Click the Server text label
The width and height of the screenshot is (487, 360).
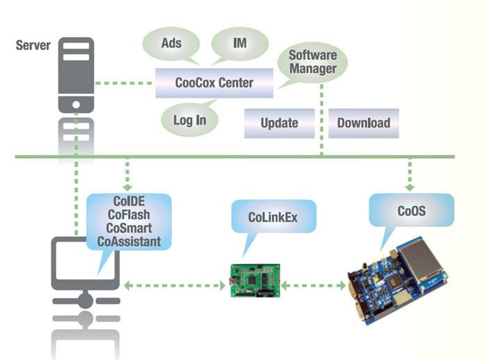coord(33,46)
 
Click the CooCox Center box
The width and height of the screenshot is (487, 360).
coord(214,83)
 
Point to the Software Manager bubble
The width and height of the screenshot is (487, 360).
coord(313,62)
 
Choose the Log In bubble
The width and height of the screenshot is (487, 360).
coord(190,120)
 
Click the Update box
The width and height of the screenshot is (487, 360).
coord(279,123)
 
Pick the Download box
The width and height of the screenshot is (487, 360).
coord(363,123)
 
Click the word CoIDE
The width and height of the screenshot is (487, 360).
coord(129,202)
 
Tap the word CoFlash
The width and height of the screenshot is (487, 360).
coord(129,215)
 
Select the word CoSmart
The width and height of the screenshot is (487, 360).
coord(129,228)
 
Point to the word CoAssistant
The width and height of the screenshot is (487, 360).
coord(129,242)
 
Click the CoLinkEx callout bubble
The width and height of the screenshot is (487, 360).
coord(273,218)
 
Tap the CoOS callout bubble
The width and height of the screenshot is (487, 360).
coord(411,210)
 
